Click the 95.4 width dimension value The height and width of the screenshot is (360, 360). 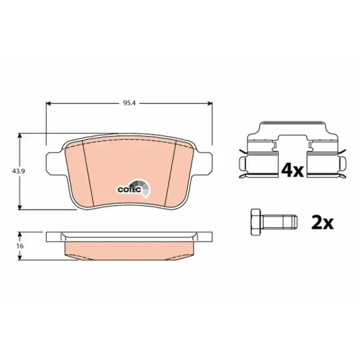click(130, 103)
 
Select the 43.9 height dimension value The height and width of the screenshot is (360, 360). click(19, 171)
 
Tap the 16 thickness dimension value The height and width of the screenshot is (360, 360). click(20, 246)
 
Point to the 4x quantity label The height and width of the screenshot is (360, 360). click(293, 170)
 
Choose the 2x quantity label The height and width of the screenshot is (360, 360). click(322, 222)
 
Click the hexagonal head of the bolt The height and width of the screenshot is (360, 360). click(256, 222)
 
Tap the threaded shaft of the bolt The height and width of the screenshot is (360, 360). click(279, 222)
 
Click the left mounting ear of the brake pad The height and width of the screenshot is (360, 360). click(54, 162)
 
